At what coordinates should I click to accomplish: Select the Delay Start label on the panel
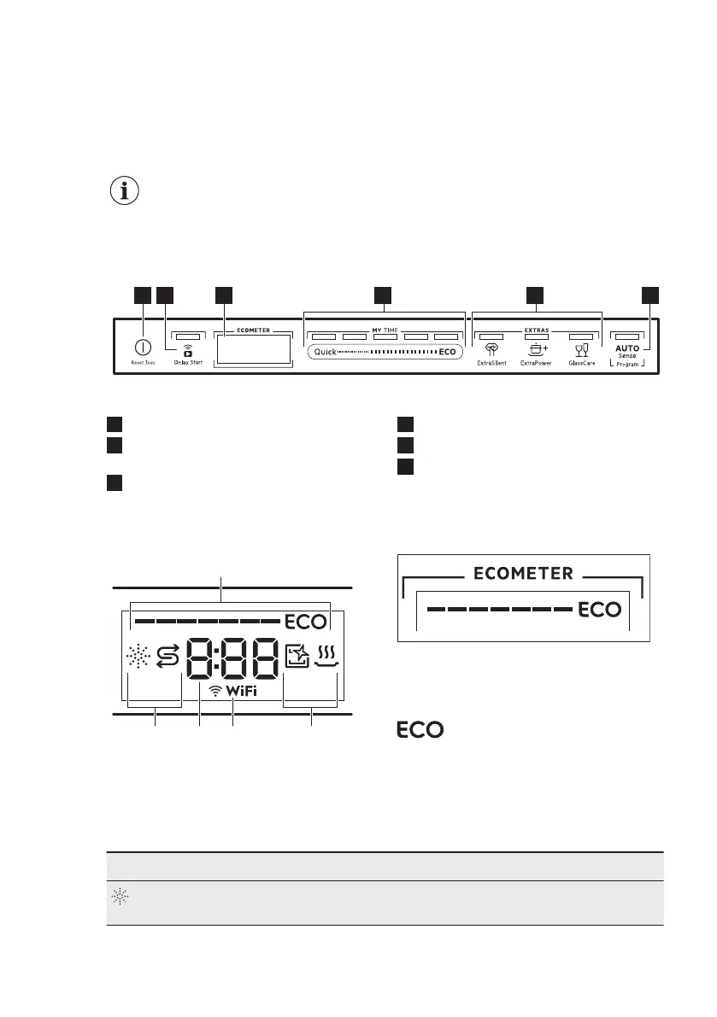pyautogui.click(x=187, y=363)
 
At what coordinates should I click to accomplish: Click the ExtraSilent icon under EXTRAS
pyautogui.click(x=491, y=348)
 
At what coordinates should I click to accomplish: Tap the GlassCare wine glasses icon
pyautogui.click(x=581, y=348)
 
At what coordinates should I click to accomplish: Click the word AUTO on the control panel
pyautogui.click(x=626, y=348)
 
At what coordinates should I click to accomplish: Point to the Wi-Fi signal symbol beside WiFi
pyautogui.click(x=215, y=692)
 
